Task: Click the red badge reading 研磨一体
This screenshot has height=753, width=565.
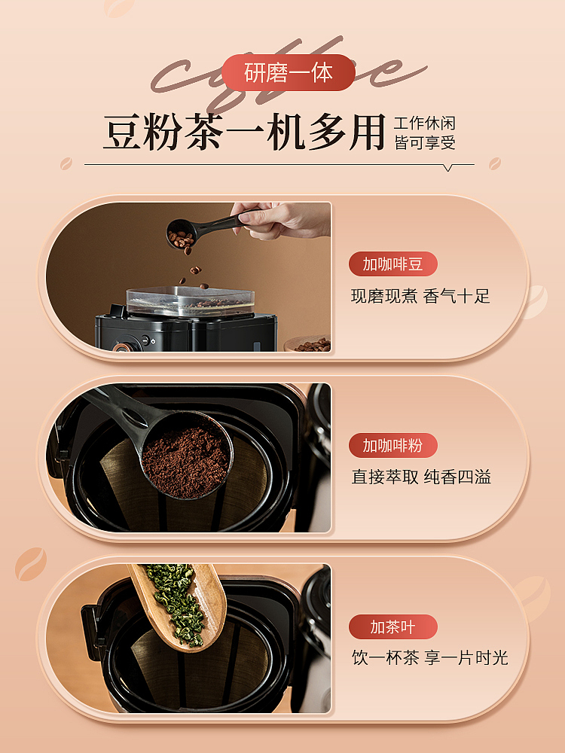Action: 289,72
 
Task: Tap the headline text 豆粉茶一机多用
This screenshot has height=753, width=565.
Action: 245,132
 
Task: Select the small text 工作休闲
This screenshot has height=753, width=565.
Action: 425,123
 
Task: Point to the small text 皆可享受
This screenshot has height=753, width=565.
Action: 425,142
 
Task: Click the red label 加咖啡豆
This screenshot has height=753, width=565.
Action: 393,264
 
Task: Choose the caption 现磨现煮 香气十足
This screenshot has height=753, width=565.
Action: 420,296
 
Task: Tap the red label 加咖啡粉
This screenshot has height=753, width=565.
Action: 393,445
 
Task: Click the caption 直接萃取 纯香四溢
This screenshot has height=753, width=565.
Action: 421,477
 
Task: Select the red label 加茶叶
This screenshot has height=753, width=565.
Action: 393,626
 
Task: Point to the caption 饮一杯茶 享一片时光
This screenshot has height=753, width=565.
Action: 430,658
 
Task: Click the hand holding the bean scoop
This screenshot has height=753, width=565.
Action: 283,218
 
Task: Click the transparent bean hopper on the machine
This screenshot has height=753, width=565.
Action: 191,301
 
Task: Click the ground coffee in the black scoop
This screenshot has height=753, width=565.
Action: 186,462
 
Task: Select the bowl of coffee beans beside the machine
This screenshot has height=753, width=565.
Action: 308,344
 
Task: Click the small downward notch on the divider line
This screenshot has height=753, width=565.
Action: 447,168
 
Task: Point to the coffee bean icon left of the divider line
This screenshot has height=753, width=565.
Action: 66,163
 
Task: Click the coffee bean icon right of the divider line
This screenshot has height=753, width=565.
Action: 494,163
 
